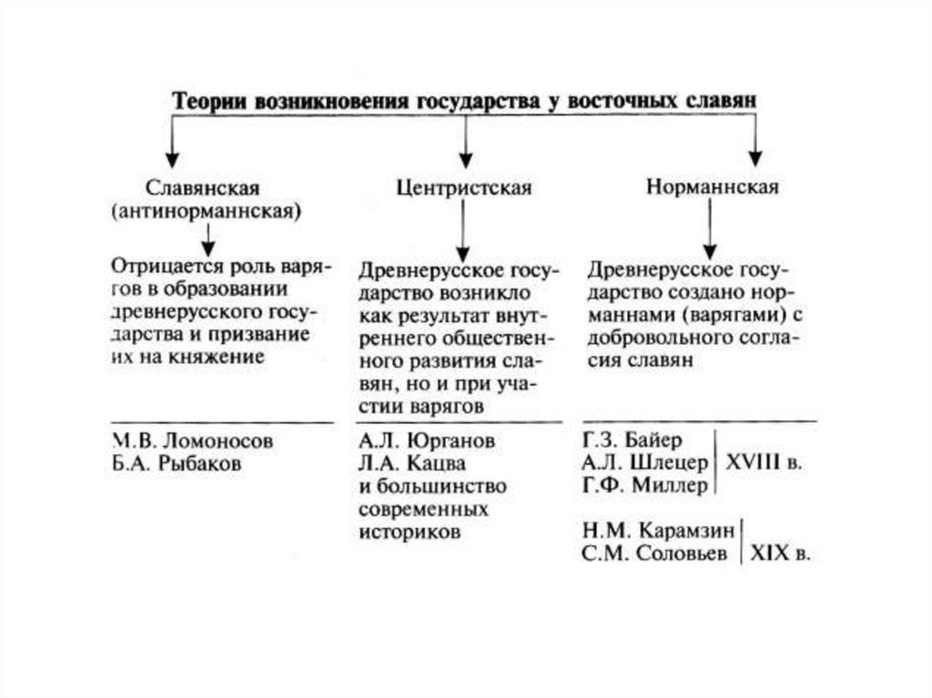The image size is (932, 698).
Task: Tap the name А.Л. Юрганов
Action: pyautogui.click(x=427, y=441)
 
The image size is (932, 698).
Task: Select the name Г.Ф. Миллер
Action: pyautogui.click(x=644, y=485)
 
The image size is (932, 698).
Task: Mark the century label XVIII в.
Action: pyautogui.click(x=763, y=462)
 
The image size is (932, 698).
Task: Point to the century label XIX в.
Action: pyautogui.click(x=780, y=552)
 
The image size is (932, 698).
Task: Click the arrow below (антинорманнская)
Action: pyautogui.click(x=208, y=238)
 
